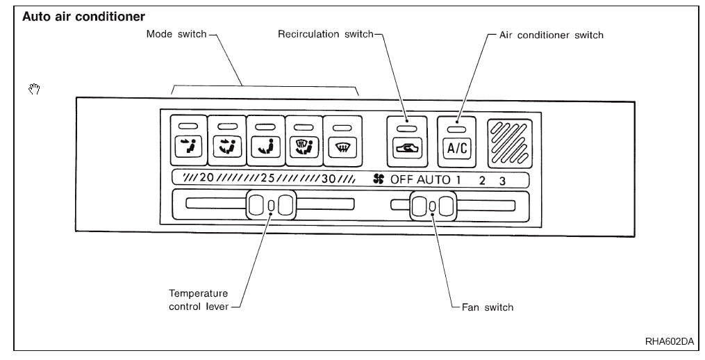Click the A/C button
pos(456,148)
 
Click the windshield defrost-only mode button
pos(342,147)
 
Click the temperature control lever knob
pos(271,205)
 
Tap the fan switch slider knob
pos(432,206)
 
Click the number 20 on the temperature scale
pos(206,179)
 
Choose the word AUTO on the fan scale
pos(433,179)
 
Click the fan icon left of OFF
pos(378,179)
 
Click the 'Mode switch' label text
pos(176,35)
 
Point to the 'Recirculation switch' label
pos(326,35)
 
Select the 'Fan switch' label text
pos(489,307)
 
